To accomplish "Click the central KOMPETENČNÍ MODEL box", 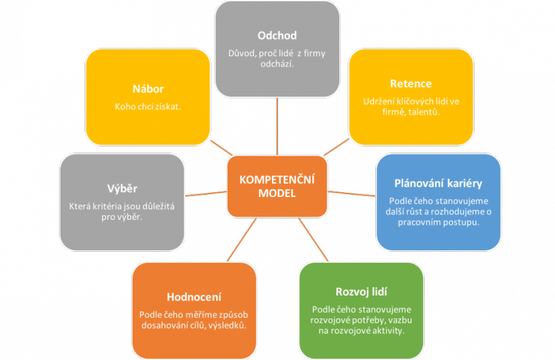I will [x=277, y=185].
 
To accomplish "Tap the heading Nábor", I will [x=148, y=89].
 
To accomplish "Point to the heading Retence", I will [x=411, y=84].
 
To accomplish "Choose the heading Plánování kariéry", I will [x=438, y=184].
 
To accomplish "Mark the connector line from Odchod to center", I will [x=277, y=125].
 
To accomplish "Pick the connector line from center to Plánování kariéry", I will [x=351, y=192].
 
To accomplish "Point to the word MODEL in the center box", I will [x=277, y=194].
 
